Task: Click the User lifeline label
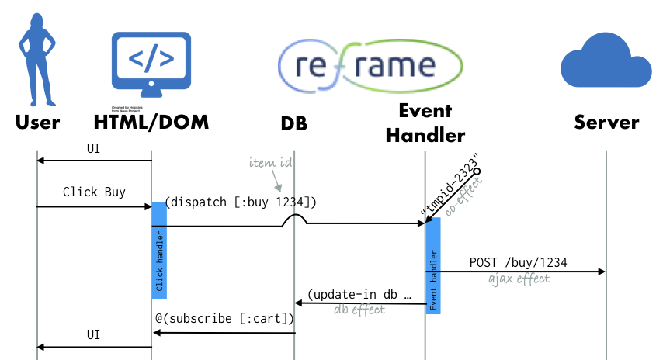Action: click(x=37, y=123)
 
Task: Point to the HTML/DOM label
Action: click(x=151, y=123)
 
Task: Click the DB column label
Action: click(x=294, y=123)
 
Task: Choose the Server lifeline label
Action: click(x=606, y=123)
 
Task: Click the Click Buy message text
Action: click(x=94, y=192)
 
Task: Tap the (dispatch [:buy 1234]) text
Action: click(x=240, y=203)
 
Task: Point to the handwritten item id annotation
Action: click(x=272, y=163)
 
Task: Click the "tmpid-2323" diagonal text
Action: click(x=448, y=189)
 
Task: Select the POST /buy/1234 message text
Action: click(x=518, y=262)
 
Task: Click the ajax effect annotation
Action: click(x=518, y=279)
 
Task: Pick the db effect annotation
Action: click(x=359, y=310)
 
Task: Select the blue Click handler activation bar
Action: click(x=159, y=250)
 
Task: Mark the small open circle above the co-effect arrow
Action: click(x=477, y=170)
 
